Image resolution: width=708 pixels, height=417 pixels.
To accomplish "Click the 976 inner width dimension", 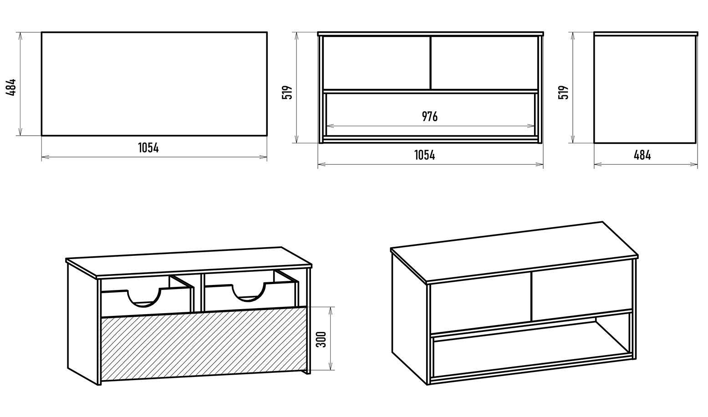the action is click(x=430, y=117).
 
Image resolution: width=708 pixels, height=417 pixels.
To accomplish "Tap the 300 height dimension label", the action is click(x=321, y=339).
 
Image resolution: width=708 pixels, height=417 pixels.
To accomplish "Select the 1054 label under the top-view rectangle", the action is click(x=148, y=147).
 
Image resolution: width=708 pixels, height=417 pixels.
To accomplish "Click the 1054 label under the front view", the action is click(x=424, y=155).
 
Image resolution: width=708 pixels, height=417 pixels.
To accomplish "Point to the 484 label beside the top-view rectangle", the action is click(x=11, y=87).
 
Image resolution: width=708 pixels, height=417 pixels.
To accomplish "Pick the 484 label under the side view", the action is click(x=642, y=155).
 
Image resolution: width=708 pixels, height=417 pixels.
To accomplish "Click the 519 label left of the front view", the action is click(x=287, y=92).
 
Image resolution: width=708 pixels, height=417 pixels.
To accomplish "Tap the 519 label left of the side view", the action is click(x=563, y=92).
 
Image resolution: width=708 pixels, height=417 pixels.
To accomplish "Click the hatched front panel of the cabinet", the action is click(x=204, y=344).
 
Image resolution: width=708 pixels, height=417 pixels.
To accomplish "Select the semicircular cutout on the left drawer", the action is click(x=144, y=298).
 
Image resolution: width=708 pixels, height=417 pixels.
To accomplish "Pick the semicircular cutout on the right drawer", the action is click(x=248, y=293).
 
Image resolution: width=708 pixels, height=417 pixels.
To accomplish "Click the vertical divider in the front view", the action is click(x=430, y=63).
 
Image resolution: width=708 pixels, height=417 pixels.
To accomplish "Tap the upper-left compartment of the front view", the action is click(x=376, y=63).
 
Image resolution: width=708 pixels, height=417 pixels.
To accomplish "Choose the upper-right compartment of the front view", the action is click(x=484, y=63).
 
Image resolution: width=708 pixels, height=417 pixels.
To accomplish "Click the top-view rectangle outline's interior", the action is click(x=154, y=84).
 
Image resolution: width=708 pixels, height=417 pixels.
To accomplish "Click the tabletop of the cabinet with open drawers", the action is click(x=188, y=262).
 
